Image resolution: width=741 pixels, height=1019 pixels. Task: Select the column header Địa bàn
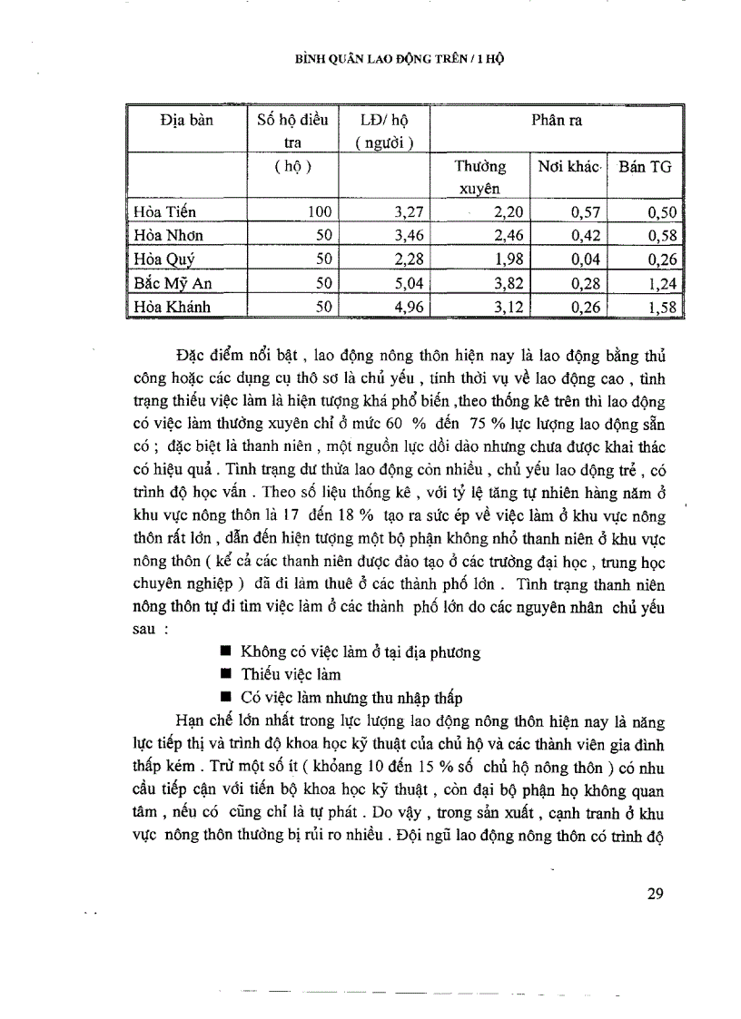(x=186, y=121)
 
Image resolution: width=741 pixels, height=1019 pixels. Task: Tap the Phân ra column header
(x=556, y=121)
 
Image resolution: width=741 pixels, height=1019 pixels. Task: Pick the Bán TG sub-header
(x=646, y=167)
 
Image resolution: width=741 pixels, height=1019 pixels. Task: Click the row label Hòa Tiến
(x=164, y=212)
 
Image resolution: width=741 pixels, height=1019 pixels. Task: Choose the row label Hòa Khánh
(x=172, y=307)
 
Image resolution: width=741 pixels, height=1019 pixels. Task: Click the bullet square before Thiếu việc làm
(x=225, y=674)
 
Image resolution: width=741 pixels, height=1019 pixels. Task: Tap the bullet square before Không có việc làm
(x=225, y=652)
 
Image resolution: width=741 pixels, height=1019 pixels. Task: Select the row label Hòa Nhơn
(x=168, y=236)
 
